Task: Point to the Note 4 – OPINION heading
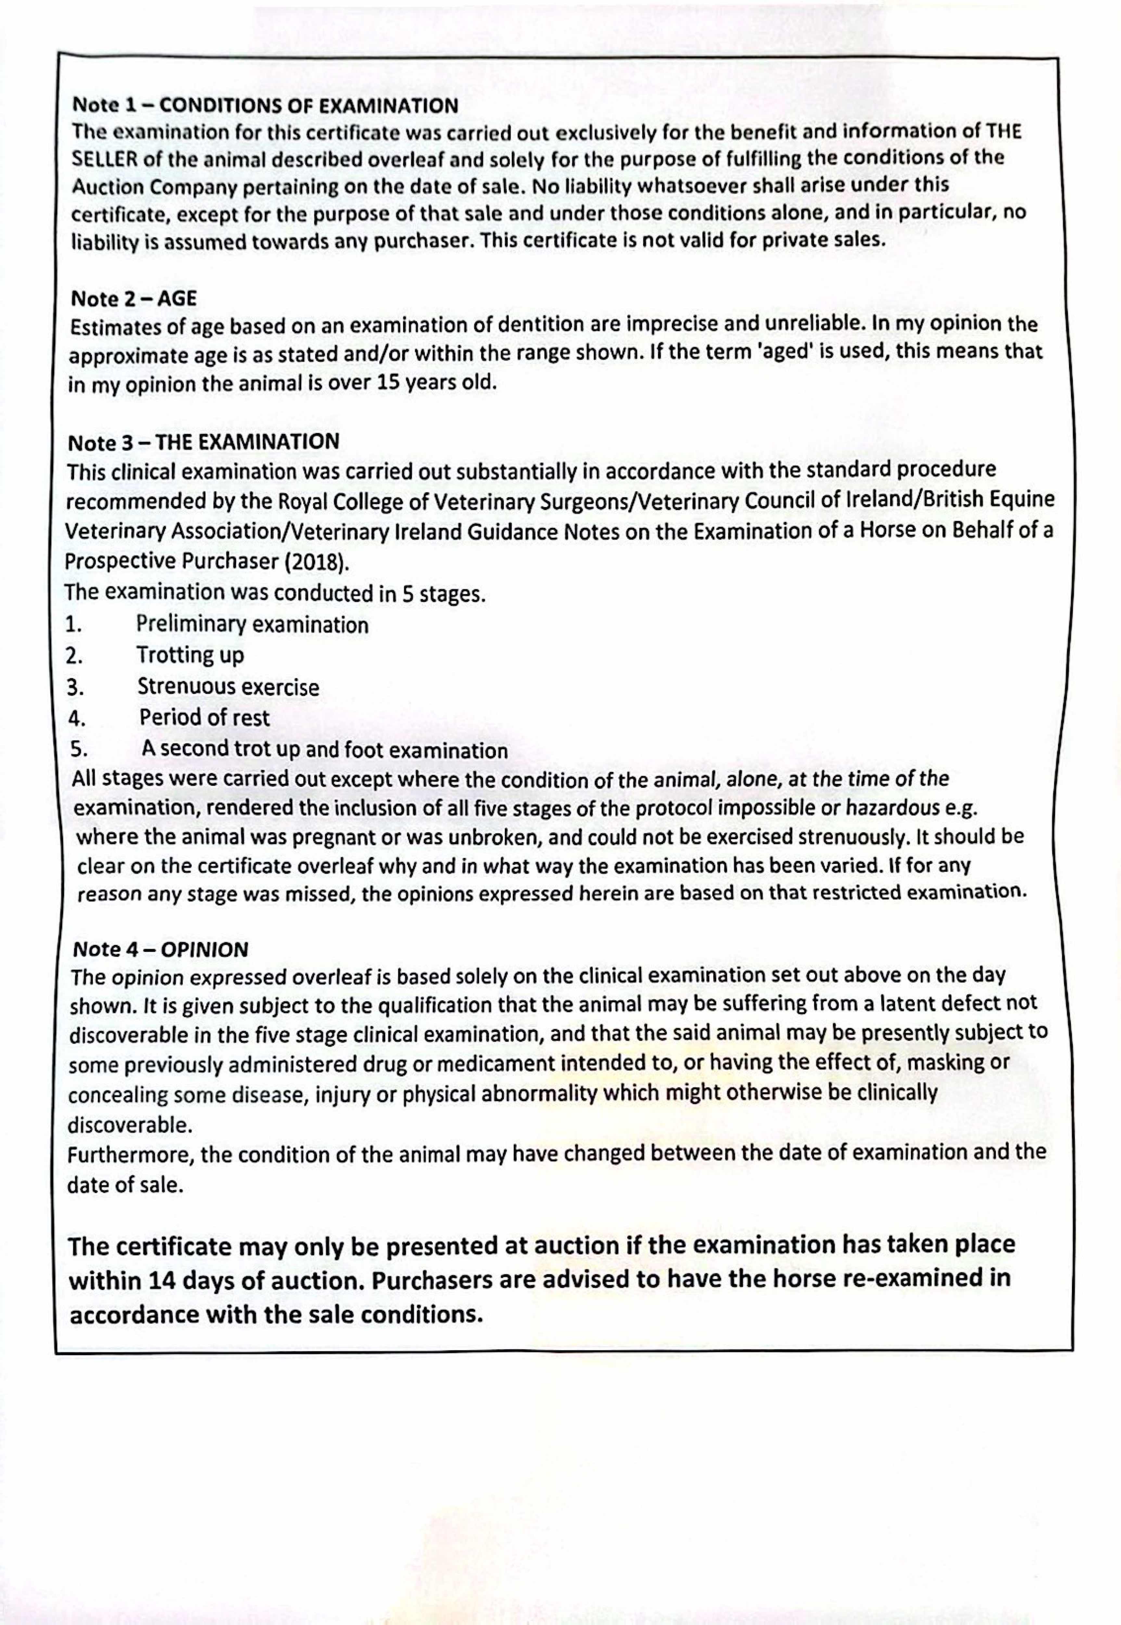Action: (160, 949)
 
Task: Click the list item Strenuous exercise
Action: (228, 686)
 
